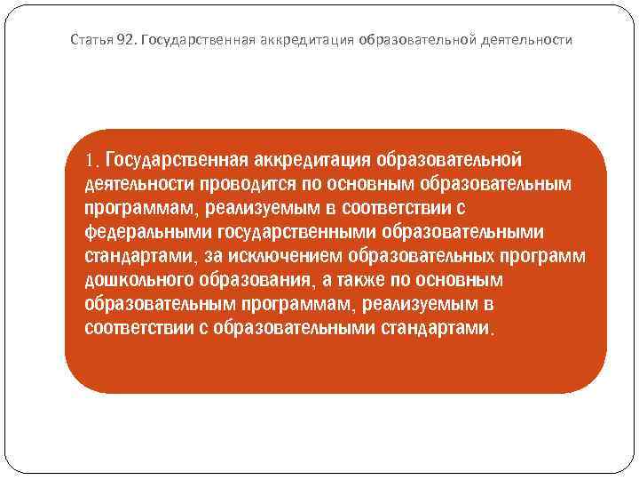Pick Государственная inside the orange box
pyautogui.click(x=177, y=161)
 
